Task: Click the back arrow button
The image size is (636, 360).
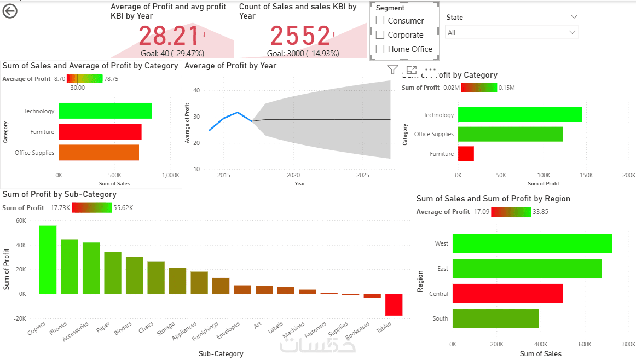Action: pyautogui.click(x=10, y=11)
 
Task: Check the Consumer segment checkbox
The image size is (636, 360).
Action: pyautogui.click(x=380, y=21)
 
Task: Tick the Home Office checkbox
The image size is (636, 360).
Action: pyautogui.click(x=380, y=49)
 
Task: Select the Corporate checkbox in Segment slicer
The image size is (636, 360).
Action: pyautogui.click(x=380, y=35)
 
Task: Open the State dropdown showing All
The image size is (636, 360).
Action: pyautogui.click(x=511, y=33)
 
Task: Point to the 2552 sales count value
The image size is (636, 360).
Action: pyautogui.click(x=300, y=36)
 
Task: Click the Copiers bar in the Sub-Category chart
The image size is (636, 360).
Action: pyautogui.click(x=48, y=260)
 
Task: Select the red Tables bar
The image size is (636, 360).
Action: pyautogui.click(x=394, y=304)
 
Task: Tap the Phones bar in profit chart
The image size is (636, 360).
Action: pyautogui.click(x=70, y=266)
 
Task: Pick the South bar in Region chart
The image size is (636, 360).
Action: pyautogui.click(x=495, y=318)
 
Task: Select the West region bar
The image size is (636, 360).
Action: pyautogui.click(x=532, y=243)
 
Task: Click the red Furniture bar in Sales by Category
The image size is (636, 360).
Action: pyautogui.click(x=100, y=132)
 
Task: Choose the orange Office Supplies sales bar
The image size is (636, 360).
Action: pyautogui.click(x=99, y=153)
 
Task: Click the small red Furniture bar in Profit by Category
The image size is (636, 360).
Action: pyautogui.click(x=466, y=154)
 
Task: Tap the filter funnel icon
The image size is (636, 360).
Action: pyautogui.click(x=392, y=69)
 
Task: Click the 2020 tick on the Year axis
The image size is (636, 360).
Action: pyautogui.click(x=293, y=175)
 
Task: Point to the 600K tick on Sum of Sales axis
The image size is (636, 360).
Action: pyautogui.click(x=585, y=344)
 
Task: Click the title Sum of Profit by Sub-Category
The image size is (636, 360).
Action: pyautogui.click(x=59, y=194)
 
